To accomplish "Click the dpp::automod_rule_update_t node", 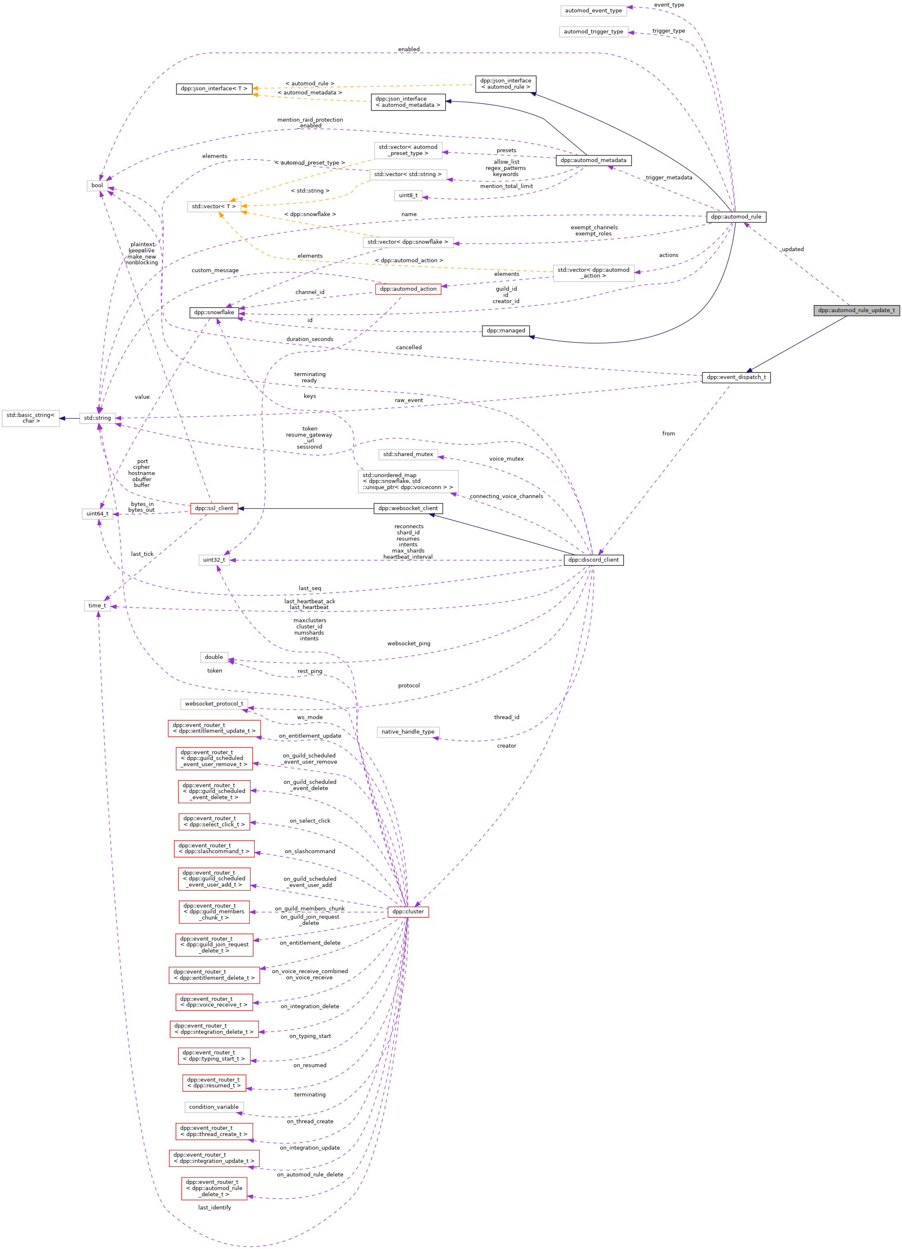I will click(856, 310).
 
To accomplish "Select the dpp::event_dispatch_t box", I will click(736, 377).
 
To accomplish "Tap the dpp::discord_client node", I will click(593, 560).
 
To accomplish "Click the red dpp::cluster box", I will click(407, 911).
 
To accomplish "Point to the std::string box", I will click(97, 418).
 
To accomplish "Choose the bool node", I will click(97, 186).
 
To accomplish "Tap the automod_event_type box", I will click(593, 10).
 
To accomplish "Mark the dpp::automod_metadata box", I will click(593, 160).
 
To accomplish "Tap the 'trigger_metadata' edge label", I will click(669, 178).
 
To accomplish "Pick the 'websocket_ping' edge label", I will click(409, 643).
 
